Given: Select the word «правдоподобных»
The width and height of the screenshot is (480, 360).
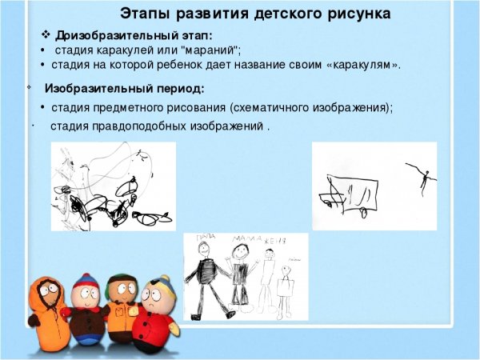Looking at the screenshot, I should click(139, 126).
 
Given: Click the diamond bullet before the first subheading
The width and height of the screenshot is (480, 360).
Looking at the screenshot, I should click(46, 36).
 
